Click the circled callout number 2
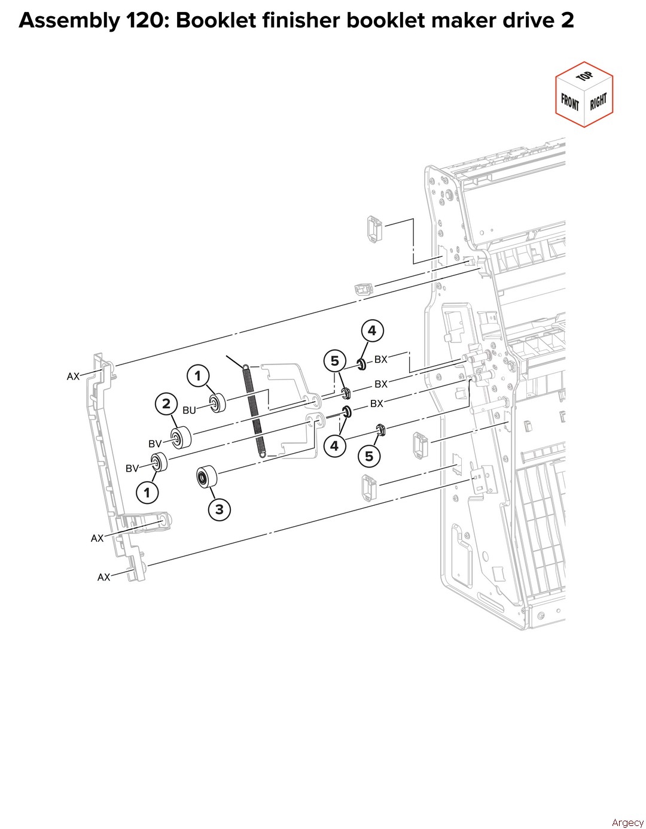(x=166, y=403)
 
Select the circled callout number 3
(x=220, y=509)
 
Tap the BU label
(x=189, y=410)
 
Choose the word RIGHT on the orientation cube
(x=598, y=102)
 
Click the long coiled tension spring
(x=253, y=411)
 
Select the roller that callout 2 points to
(x=181, y=436)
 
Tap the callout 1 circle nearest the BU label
(x=197, y=376)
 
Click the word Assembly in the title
(x=69, y=22)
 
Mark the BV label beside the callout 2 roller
(x=155, y=444)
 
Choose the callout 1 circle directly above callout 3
(x=147, y=493)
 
